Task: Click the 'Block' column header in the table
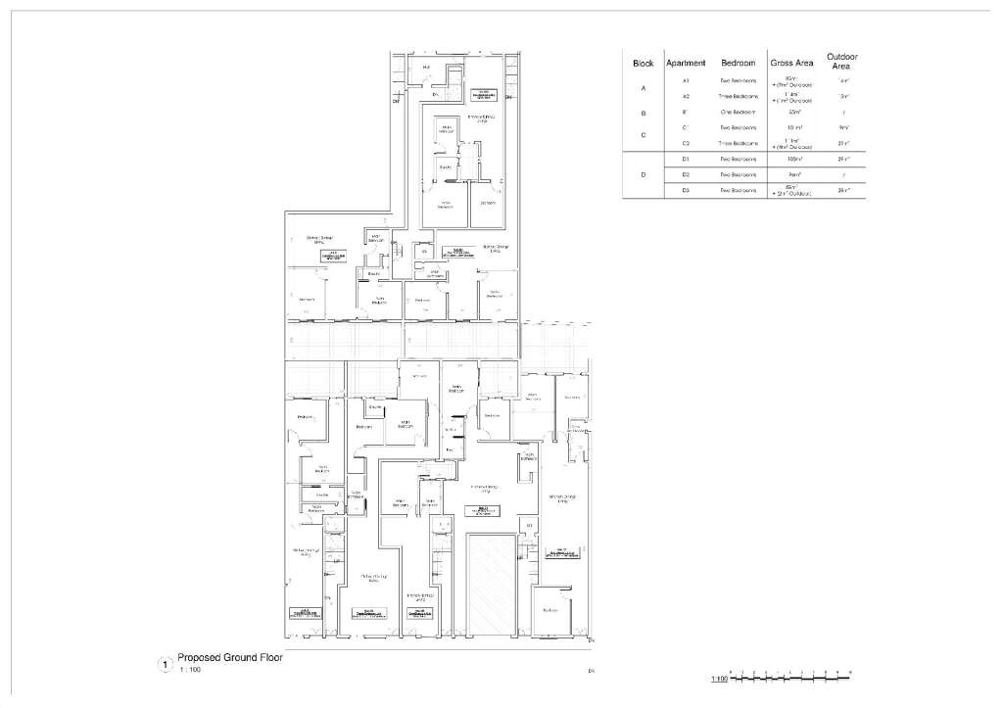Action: [x=643, y=64]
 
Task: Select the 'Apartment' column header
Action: [x=686, y=64]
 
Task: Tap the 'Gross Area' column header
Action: [x=791, y=64]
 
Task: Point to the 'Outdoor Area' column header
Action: [x=843, y=61]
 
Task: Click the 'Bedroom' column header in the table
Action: [x=738, y=64]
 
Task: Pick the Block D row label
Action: [x=643, y=174]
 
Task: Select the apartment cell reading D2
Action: [x=686, y=174]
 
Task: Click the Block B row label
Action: [x=643, y=113]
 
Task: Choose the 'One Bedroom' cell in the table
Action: [x=738, y=113]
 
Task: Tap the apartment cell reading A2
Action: [x=686, y=97]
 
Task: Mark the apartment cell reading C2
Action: [x=686, y=144]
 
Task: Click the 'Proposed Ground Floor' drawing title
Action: [x=229, y=658]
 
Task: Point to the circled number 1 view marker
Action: [x=165, y=665]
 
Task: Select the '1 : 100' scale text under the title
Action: [x=190, y=670]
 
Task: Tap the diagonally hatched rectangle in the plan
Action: [x=491, y=583]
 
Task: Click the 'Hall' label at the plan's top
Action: [x=427, y=67]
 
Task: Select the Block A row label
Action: [x=643, y=89]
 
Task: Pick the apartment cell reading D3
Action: [x=686, y=190]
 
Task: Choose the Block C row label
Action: [x=643, y=136]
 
